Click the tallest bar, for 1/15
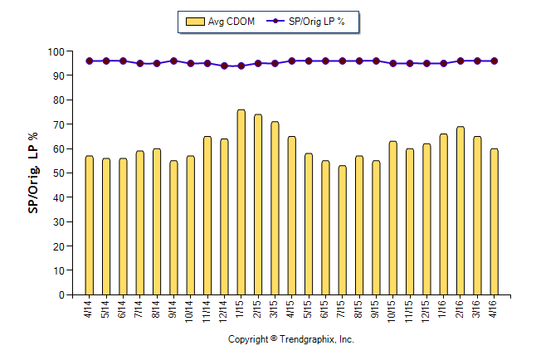tap(241, 202)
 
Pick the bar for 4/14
tap(89, 225)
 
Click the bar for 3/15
tap(275, 208)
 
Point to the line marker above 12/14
tap(224, 66)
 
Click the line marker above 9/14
tap(173, 61)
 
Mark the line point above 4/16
tap(495, 61)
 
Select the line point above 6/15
tap(325, 61)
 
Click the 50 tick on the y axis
tap(58, 173)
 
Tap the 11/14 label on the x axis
tap(207, 309)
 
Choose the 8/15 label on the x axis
tap(359, 309)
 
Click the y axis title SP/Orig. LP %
tap(34, 173)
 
